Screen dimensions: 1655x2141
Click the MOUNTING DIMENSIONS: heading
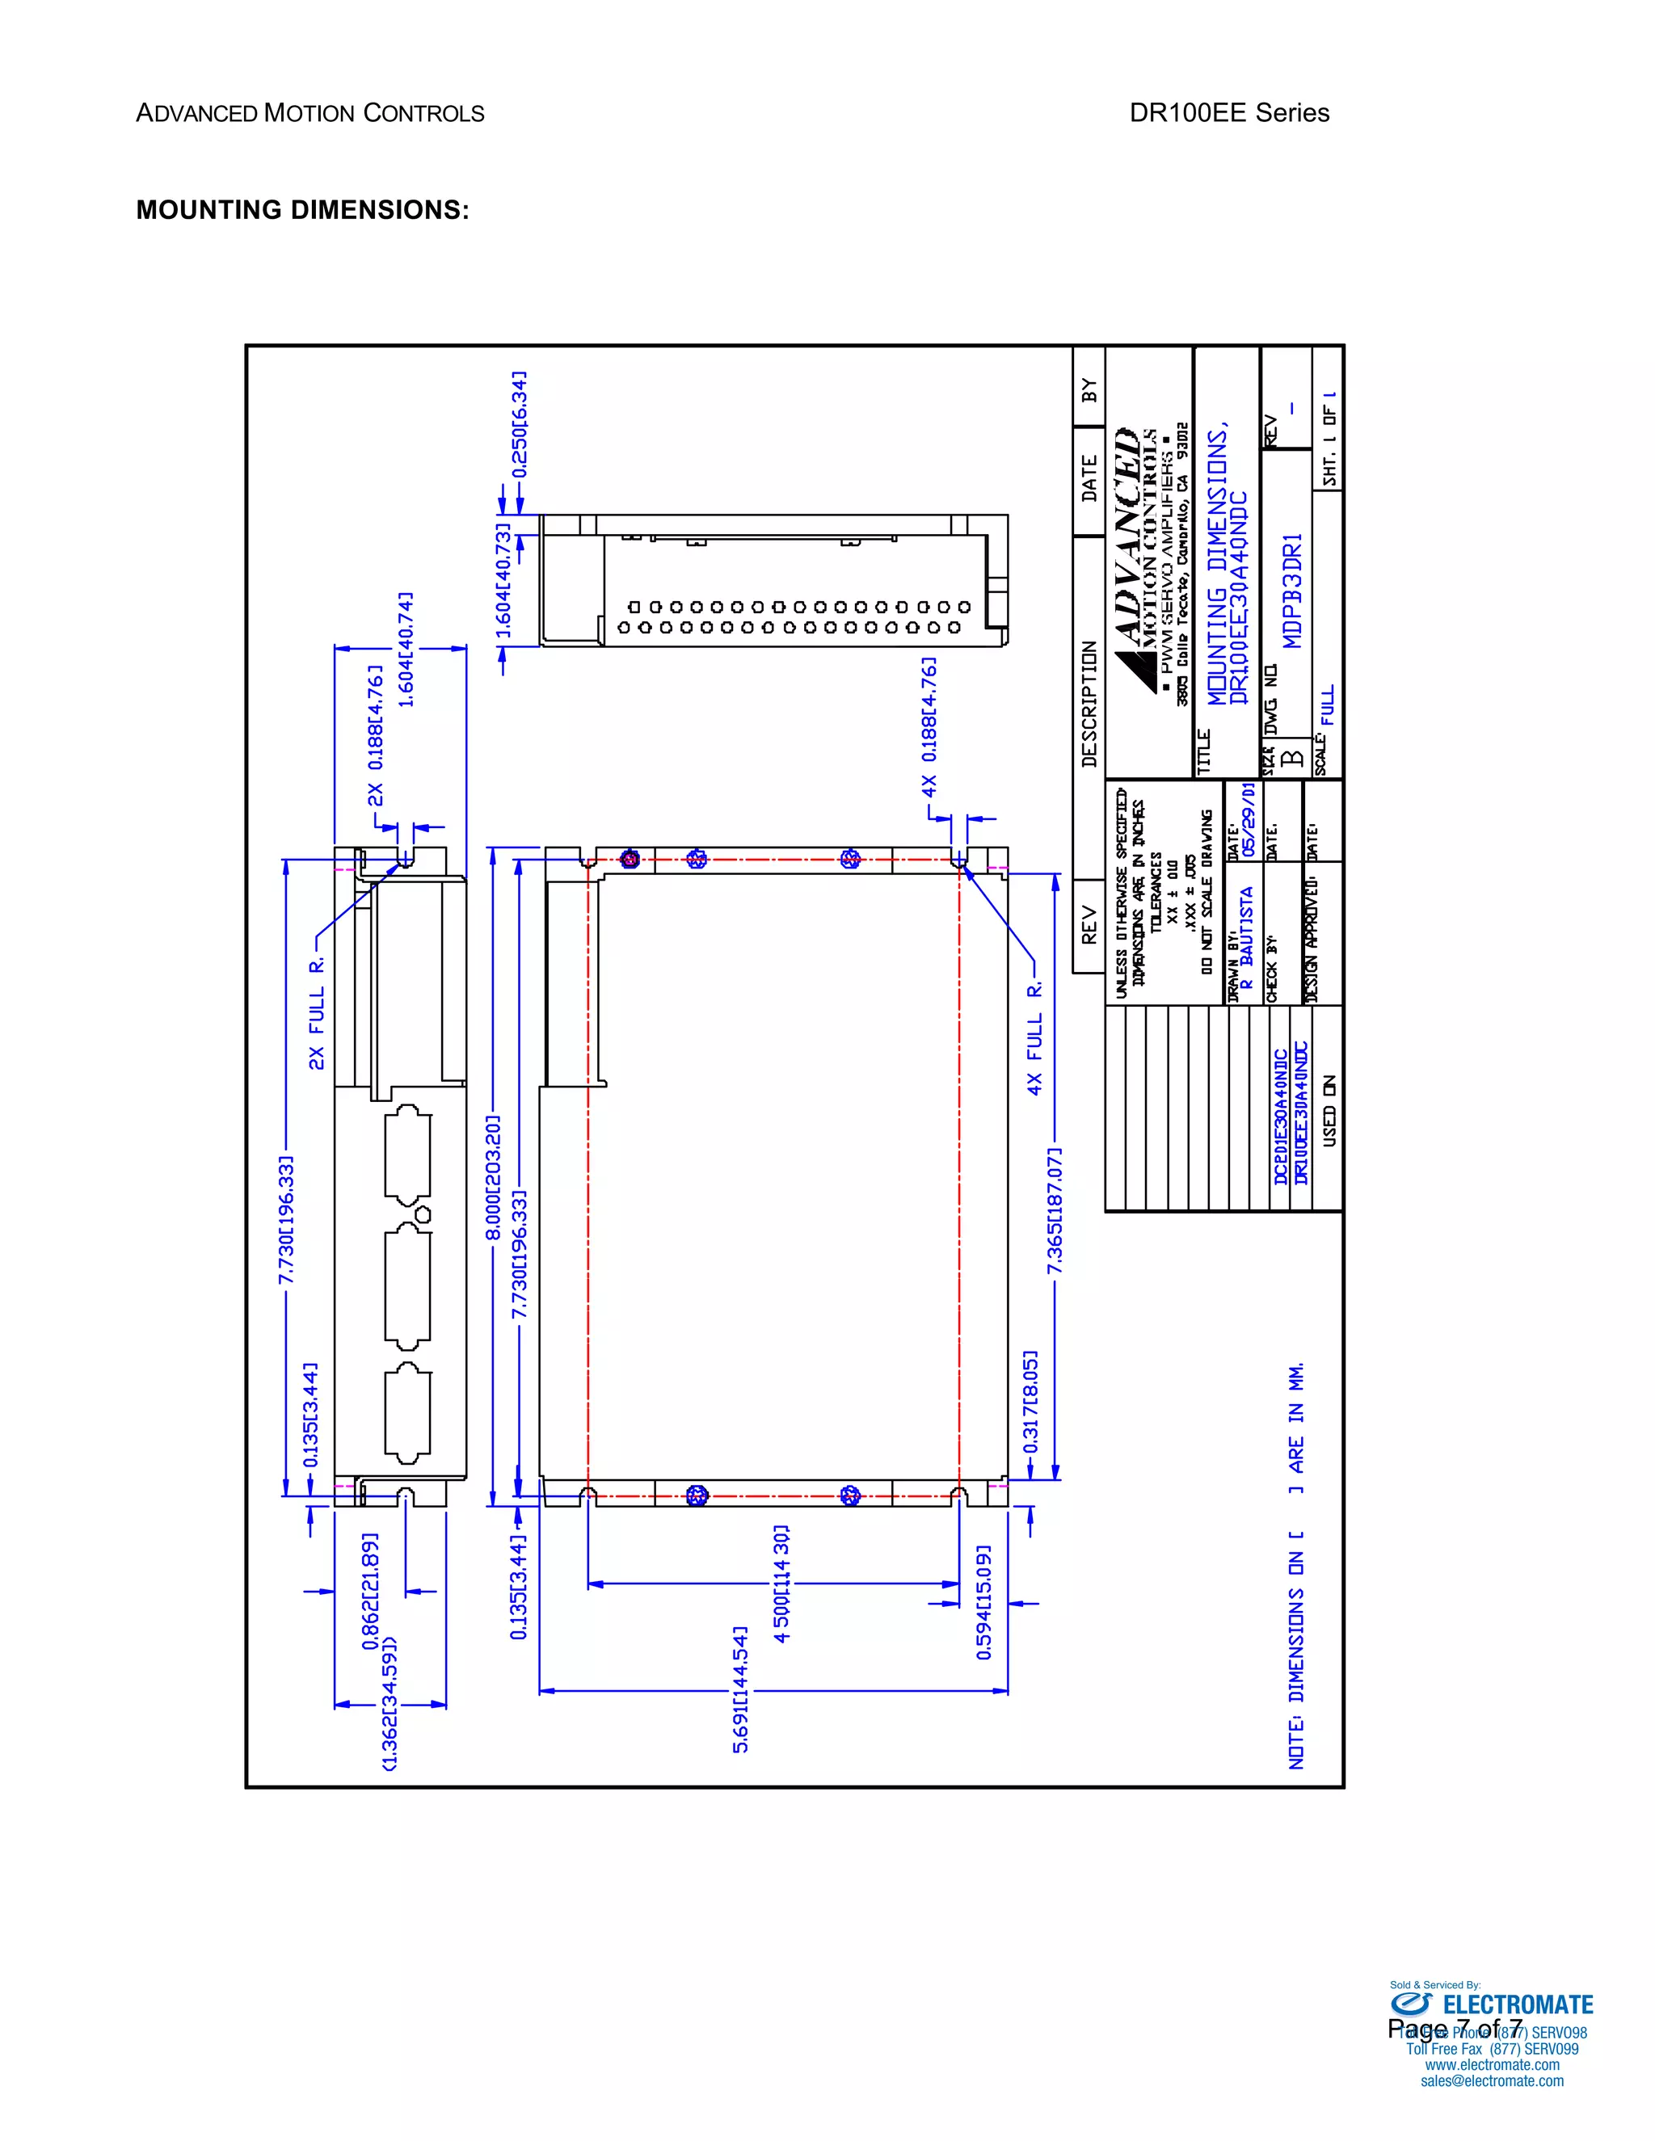coord(302,210)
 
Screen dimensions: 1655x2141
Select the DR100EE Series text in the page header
coord(1228,113)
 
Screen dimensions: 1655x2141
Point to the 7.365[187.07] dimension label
coord(1055,1212)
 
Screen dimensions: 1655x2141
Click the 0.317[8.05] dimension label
coord(1030,1402)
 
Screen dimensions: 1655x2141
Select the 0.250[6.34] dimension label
coord(520,423)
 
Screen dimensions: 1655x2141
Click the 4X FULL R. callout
coord(1034,1039)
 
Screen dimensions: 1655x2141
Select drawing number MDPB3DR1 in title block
coord(1293,591)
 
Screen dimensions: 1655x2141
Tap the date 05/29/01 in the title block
coord(1248,818)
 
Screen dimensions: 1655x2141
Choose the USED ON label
coord(1329,1111)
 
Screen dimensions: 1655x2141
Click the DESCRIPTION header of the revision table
coord(1089,703)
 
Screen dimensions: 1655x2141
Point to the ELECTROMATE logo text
coord(1518,2004)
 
